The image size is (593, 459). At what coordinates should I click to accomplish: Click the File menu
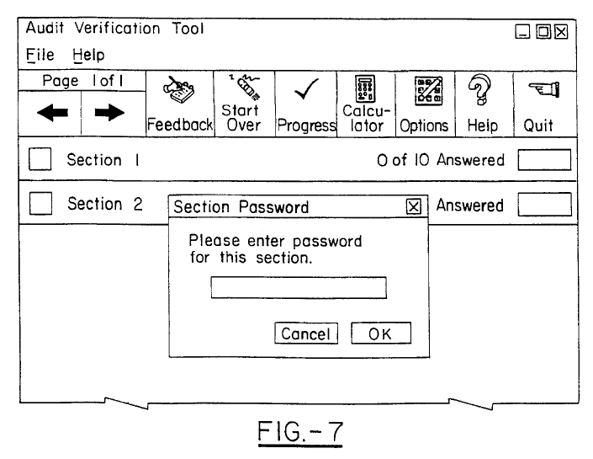pyautogui.click(x=40, y=56)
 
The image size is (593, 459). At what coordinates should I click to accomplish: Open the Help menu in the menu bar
pyautogui.click(x=88, y=56)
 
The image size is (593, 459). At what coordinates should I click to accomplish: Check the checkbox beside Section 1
pyautogui.click(x=40, y=160)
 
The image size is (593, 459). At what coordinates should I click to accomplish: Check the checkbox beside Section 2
pyautogui.click(x=40, y=205)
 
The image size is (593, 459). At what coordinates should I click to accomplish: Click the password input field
pyautogui.click(x=298, y=288)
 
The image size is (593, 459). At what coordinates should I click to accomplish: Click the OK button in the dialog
pyautogui.click(x=380, y=333)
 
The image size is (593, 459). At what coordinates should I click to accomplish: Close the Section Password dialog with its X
pyautogui.click(x=413, y=206)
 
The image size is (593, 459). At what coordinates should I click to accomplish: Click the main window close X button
pyautogui.click(x=561, y=32)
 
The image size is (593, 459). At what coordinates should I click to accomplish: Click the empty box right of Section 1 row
pyautogui.click(x=543, y=160)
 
